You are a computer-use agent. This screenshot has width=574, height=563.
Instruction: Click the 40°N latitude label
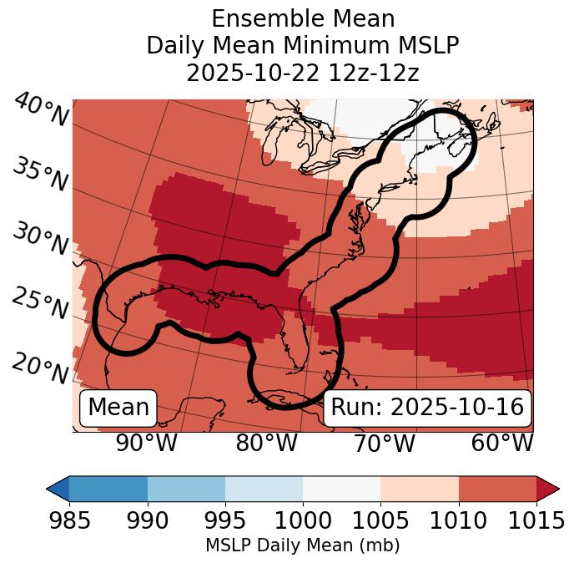point(41,110)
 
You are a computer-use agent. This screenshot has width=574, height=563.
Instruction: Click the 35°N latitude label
point(40,175)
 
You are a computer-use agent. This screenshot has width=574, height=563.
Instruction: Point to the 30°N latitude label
point(40,240)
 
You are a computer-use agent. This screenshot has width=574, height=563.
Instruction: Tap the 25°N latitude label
point(40,303)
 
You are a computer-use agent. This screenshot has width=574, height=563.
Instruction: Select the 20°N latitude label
point(40,368)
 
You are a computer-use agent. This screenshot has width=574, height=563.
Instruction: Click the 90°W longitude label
point(146,443)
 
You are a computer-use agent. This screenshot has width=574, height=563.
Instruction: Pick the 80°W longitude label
point(266,443)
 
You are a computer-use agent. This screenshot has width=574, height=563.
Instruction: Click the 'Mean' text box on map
point(118,408)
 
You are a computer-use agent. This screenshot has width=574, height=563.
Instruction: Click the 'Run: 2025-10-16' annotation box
point(427,408)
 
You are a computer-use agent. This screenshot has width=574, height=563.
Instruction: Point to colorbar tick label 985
point(69,521)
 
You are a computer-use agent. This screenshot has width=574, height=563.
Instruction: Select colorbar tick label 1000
point(303,521)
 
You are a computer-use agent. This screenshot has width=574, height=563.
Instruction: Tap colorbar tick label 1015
point(536,521)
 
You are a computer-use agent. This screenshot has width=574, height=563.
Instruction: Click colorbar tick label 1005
point(380,521)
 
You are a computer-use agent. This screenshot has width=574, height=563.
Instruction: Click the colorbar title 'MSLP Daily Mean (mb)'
point(302,546)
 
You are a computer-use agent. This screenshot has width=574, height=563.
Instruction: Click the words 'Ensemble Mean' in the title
point(302,18)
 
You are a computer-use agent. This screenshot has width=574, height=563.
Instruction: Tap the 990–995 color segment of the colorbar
point(186,489)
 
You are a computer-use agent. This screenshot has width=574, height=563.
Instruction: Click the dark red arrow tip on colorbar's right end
point(548,489)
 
